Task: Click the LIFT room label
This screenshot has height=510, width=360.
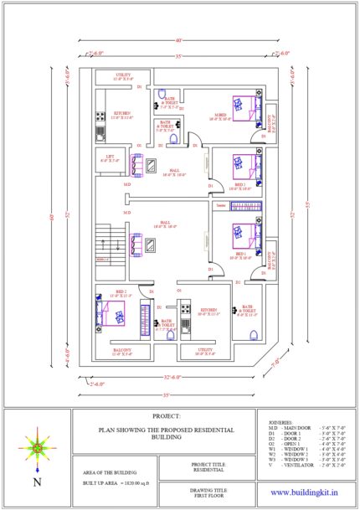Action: pyautogui.click(x=110, y=158)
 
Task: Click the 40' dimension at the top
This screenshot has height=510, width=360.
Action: pyautogui.click(x=178, y=39)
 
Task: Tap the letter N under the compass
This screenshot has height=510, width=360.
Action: pyautogui.click(x=36, y=482)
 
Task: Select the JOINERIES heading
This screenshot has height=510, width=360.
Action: pyautogui.click(x=281, y=422)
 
